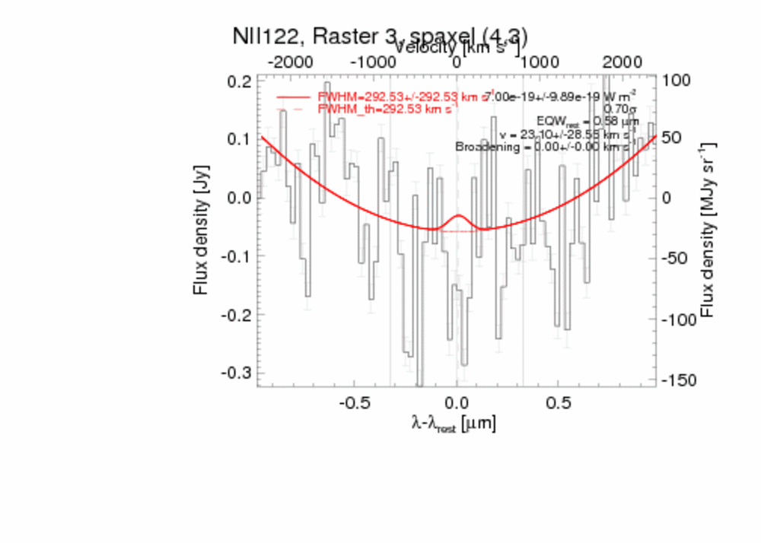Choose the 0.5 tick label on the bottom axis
point(559,402)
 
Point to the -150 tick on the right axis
point(680,380)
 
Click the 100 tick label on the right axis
point(677,80)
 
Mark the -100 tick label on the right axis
point(680,319)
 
